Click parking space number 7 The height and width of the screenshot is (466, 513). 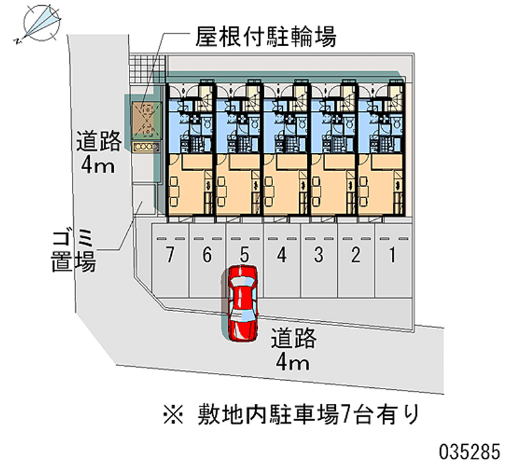coord(169,255)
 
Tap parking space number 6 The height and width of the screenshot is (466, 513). coord(206,255)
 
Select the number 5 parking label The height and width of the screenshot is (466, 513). coord(244,255)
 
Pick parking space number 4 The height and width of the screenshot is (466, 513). coord(281,255)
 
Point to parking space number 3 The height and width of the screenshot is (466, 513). coord(318,255)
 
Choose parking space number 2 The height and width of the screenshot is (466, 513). coord(355,255)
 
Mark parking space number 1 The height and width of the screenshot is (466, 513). coord(392,255)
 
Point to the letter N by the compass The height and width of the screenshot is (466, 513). coord(15,40)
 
